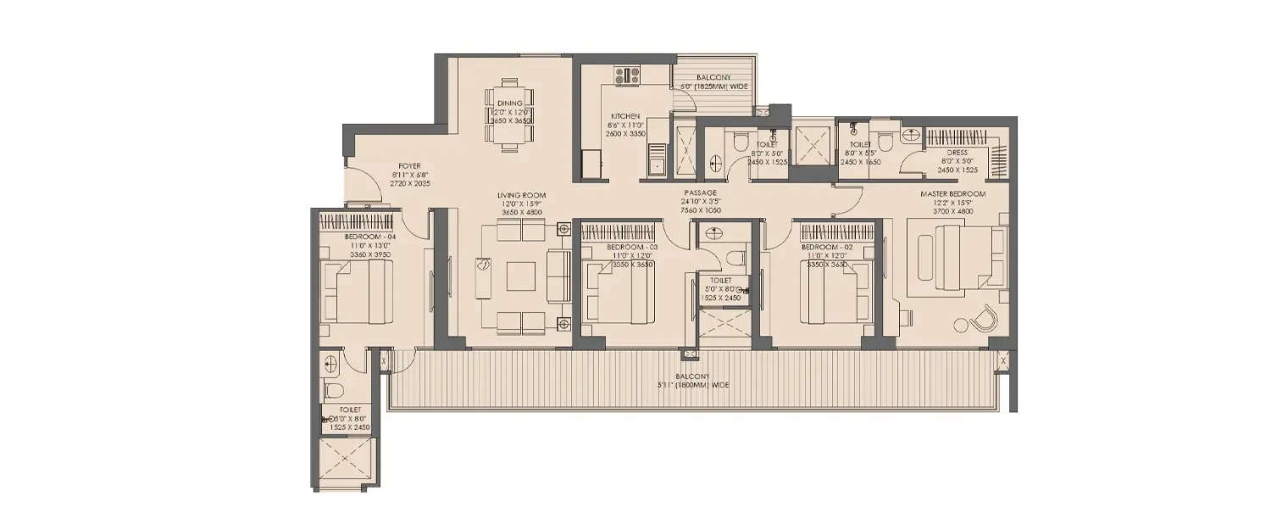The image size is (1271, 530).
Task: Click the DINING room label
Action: point(510,103)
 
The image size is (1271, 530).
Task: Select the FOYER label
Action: point(411,166)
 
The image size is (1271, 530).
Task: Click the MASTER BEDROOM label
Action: point(953,194)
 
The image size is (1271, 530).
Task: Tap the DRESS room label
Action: point(957,153)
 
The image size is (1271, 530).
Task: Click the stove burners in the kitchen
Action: point(628,75)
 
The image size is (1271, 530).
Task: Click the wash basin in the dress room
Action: point(910,135)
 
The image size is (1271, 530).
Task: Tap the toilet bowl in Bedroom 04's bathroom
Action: point(333,390)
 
